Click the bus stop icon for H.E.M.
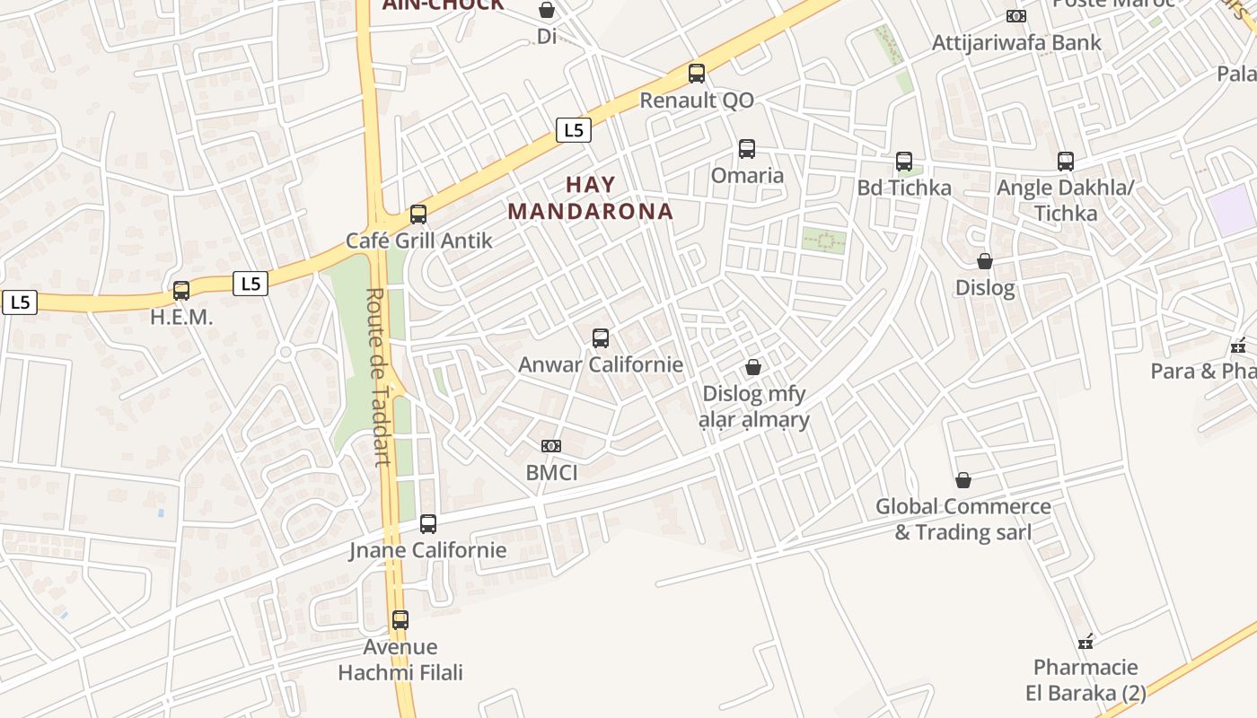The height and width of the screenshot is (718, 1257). click(181, 291)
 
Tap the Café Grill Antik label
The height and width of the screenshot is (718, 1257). click(419, 241)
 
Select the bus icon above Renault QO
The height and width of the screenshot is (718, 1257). click(697, 74)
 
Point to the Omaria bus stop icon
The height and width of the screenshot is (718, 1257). click(747, 149)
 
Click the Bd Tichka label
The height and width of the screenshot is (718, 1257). click(904, 188)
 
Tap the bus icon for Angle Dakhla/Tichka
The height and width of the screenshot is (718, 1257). click(1066, 162)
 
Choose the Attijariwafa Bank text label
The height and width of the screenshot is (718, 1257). click(1016, 42)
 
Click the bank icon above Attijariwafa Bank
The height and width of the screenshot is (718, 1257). click(1016, 16)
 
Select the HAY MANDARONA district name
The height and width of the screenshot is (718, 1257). click(591, 198)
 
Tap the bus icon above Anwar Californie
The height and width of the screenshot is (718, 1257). click(601, 338)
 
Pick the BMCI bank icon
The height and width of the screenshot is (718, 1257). click(551, 446)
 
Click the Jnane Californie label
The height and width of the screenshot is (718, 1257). click(428, 550)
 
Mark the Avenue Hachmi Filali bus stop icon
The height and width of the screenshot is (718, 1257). click(400, 620)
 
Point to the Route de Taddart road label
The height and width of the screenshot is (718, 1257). click(379, 377)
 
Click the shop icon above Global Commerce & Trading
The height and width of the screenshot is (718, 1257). click(963, 480)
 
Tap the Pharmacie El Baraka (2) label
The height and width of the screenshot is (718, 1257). click(1086, 679)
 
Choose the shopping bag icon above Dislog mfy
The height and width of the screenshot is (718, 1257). click(753, 367)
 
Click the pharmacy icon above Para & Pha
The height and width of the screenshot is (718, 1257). click(1239, 345)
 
